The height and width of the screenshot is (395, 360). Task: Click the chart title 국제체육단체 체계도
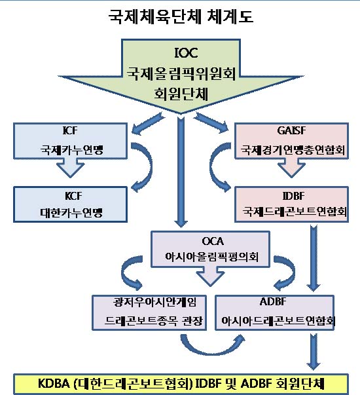(181, 16)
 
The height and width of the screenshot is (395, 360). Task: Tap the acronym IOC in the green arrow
(186, 53)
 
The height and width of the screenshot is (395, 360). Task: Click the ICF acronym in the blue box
(70, 130)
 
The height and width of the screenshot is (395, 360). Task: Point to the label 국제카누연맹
(72, 150)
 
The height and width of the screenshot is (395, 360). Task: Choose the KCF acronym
(73, 196)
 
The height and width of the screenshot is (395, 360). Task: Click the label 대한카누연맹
(71, 213)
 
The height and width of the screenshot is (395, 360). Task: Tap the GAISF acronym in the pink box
(291, 130)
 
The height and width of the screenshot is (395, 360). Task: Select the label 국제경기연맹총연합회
(293, 150)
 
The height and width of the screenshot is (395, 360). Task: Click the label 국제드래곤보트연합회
(295, 212)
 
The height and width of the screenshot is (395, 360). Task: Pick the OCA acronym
(213, 241)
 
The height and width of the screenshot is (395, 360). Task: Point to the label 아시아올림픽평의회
(211, 257)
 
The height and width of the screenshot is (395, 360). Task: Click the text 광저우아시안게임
(154, 302)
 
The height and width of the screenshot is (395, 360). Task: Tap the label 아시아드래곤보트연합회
(278, 321)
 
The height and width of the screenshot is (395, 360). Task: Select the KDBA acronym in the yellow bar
(54, 384)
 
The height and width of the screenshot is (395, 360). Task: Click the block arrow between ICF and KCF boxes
(70, 168)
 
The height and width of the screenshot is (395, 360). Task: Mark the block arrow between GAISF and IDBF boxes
(291, 168)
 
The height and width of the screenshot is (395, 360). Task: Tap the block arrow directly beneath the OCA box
(211, 276)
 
